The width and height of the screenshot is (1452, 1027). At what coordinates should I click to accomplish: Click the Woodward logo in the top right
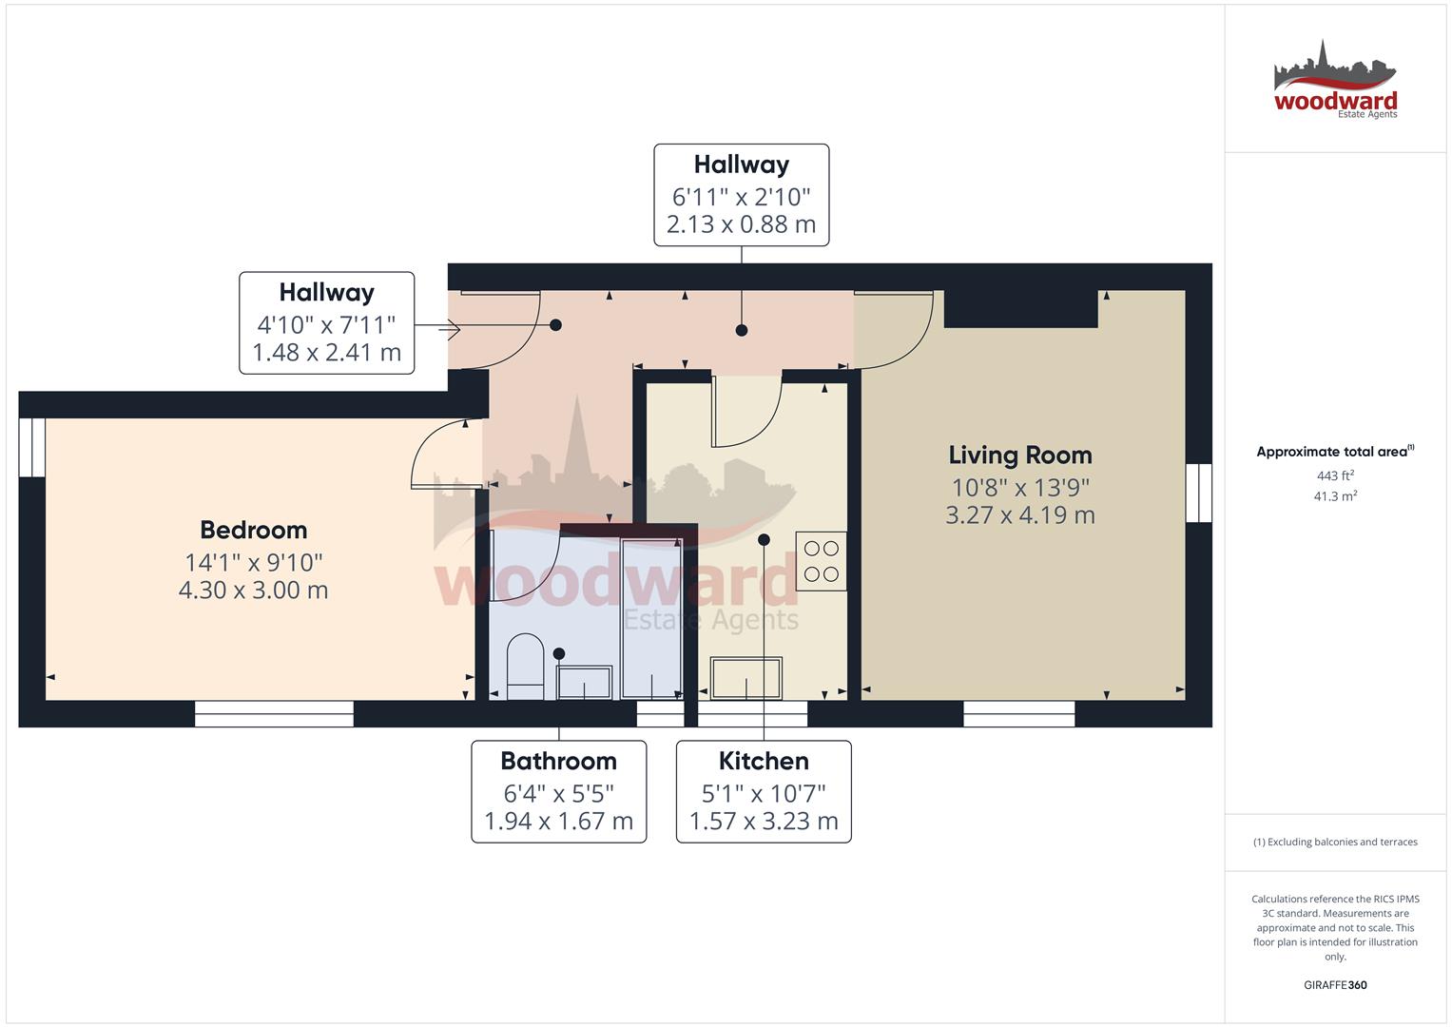click(x=1335, y=81)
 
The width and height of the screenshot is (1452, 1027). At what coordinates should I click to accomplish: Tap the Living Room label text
click(x=1020, y=455)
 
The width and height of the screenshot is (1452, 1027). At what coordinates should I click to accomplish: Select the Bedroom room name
click(x=254, y=530)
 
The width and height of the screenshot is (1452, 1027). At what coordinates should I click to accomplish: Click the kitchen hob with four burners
click(x=821, y=561)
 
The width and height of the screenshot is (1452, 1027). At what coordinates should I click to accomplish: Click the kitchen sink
click(x=746, y=678)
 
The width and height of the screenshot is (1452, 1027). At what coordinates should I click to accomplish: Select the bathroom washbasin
click(x=584, y=682)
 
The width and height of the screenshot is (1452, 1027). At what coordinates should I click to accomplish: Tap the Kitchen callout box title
click(x=764, y=761)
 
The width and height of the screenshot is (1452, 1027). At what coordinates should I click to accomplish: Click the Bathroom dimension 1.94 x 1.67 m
click(x=559, y=822)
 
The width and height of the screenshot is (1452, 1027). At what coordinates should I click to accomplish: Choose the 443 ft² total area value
click(x=1335, y=475)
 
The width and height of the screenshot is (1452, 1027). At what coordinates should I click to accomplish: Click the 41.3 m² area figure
click(x=1335, y=496)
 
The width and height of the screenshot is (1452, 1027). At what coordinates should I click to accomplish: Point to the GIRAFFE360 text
click(x=1335, y=985)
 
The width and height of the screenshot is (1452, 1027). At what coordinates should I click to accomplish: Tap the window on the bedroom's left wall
click(x=32, y=447)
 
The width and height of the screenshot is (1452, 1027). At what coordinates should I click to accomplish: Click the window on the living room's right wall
click(x=1199, y=493)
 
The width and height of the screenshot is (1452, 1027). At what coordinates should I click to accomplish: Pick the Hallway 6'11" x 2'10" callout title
click(x=742, y=165)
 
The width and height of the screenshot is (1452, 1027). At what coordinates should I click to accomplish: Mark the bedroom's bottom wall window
click(x=274, y=713)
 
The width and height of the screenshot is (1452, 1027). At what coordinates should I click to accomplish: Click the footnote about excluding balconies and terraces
click(x=1335, y=843)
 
